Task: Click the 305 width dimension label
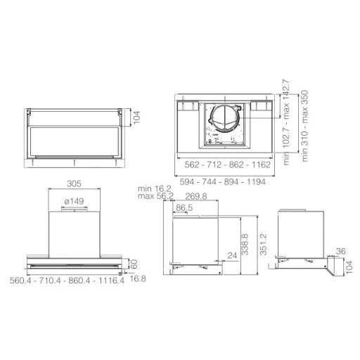[x=74, y=184]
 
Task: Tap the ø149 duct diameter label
[x=74, y=201]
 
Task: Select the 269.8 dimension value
[x=196, y=196]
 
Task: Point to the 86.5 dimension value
[x=184, y=207]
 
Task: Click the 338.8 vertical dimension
[x=245, y=244]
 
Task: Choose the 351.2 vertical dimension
[x=264, y=244]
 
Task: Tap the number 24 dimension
[x=232, y=255]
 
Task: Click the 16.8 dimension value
[x=138, y=278]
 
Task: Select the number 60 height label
[x=134, y=264]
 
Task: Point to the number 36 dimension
[x=341, y=251]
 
